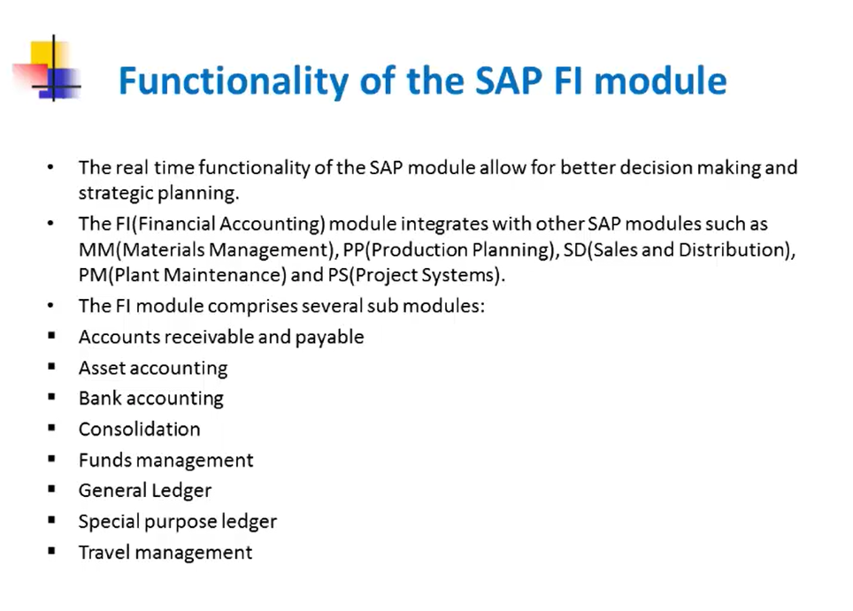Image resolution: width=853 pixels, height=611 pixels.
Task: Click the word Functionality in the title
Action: tap(234, 81)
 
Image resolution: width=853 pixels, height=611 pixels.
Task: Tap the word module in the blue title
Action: tap(660, 80)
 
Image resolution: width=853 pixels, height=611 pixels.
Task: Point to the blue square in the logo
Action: tap(65, 83)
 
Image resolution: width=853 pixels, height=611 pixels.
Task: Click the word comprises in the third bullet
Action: tap(252, 307)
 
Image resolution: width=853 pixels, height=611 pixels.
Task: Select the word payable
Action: tap(329, 338)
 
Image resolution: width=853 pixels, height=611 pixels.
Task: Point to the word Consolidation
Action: tap(139, 429)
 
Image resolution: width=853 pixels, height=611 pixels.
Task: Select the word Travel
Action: tap(104, 553)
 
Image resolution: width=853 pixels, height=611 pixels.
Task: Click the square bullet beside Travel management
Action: tap(51, 551)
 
